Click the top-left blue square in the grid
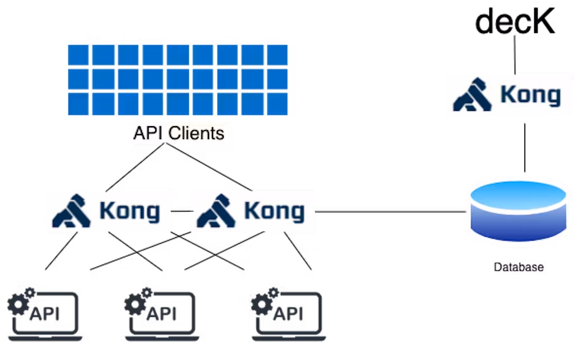[x=78, y=55]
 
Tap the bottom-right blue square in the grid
[x=277, y=104]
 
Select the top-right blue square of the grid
[x=277, y=55]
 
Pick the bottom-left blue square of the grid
[x=78, y=104]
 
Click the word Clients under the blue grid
[x=197, y=133]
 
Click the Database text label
[x=519, y=267]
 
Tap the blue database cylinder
[x=519, y=210]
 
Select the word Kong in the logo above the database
[x=530, y=95]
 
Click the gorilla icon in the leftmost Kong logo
[x=72, y=211]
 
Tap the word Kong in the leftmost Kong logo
[x=129, y=211]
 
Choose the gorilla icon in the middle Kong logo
[x=216, y=211]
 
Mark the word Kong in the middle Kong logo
[x=274, y=211]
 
